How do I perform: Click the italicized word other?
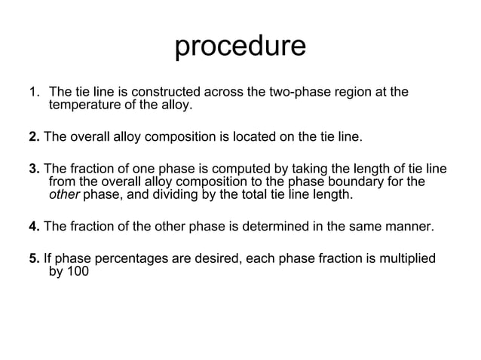(x=63, y=195)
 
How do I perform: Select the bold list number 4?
(x=34, y=227)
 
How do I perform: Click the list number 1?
(x=34, y=93)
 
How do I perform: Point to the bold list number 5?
(x=34, y=259)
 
